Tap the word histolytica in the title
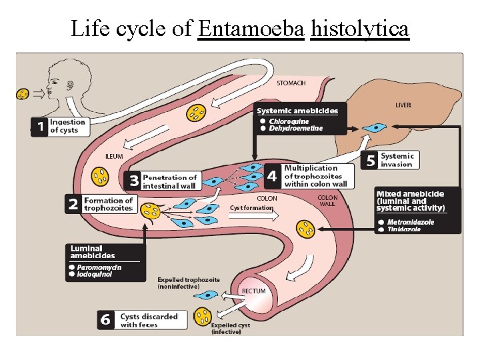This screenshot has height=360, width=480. click(360, 29)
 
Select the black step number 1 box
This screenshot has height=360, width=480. click(39, 127)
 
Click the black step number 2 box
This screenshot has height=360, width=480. click(73, 205)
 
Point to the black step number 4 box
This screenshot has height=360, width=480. click(272, 176)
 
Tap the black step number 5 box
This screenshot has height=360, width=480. click(371, 160)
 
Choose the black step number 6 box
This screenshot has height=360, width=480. click(105, 320)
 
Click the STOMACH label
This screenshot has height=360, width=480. click(291, 83)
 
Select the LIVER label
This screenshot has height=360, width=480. click(403, 105)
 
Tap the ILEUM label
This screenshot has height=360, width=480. click(114, 156)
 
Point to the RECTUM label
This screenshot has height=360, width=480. click(253, 291)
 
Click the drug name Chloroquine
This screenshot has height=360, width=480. click(289, 121)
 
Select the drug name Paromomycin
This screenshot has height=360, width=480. click(99, 267)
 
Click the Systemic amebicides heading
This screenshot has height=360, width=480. click(297, 111)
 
